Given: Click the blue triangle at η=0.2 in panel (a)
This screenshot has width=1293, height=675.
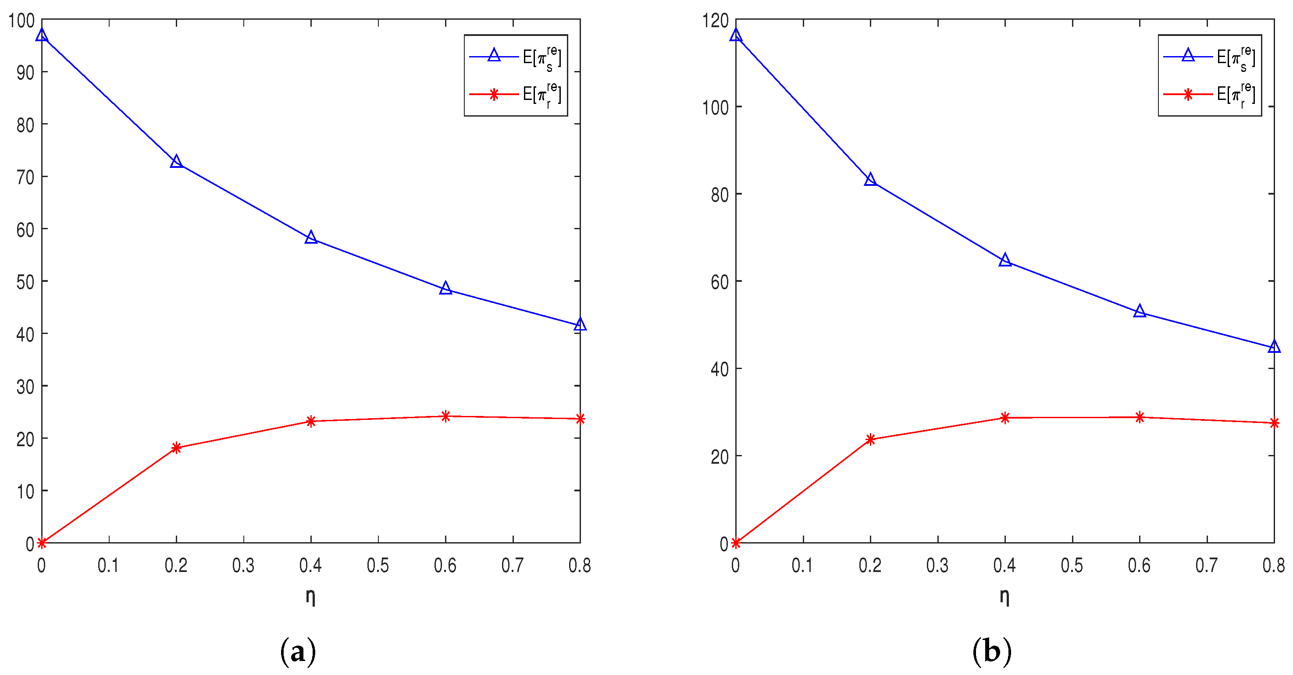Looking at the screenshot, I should pyautogui.click(x=176, y=162).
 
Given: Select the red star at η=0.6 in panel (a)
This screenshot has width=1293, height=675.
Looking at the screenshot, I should pyautogui.click(x=445, y=416).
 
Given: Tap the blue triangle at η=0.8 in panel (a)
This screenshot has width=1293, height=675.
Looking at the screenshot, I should pyautogui.click(x=580, y=325).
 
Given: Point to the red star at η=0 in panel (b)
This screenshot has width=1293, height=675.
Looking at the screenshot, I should pyautogui.click(x=736, y=543).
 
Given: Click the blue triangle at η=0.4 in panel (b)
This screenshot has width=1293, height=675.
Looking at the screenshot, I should pyautogui.click(x=1005, y=260).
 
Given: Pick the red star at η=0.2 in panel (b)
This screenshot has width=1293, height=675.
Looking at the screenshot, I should pyautogui.click(x=870, y=439).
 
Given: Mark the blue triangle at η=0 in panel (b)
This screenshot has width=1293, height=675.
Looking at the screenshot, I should pyautogui.click(x=736, y=35).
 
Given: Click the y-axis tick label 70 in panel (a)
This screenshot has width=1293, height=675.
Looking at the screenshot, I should pyautogui.click(x=25, y=177).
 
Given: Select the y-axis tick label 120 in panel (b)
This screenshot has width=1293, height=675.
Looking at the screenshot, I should pyautogui.click(x=715, y=21).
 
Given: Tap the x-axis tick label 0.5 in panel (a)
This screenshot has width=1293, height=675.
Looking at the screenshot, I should pyautogui.click(x=378, y=565).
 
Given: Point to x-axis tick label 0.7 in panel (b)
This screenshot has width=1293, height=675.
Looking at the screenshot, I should pyautogui.click(x=1206, y=565).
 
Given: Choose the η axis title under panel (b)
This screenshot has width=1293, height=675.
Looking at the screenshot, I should pyautogui.click(x=1004, y=597).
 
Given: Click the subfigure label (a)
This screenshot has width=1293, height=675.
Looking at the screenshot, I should pyautogui.click(x=298, y=651).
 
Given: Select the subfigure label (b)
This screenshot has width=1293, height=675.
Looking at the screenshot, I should pyautogui.click(x=992, y=651).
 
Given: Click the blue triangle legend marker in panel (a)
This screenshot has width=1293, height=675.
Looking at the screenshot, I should pyautogui.click(x=494, y=56).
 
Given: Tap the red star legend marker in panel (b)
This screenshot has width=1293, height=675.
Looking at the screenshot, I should pyautogui.click(x=1188, y=94).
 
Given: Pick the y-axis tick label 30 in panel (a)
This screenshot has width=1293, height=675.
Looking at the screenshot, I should pyautogui.click(x=25, y=387).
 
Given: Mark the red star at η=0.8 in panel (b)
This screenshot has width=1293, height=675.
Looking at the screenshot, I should pyautogui.click(x=1274, y=423).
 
